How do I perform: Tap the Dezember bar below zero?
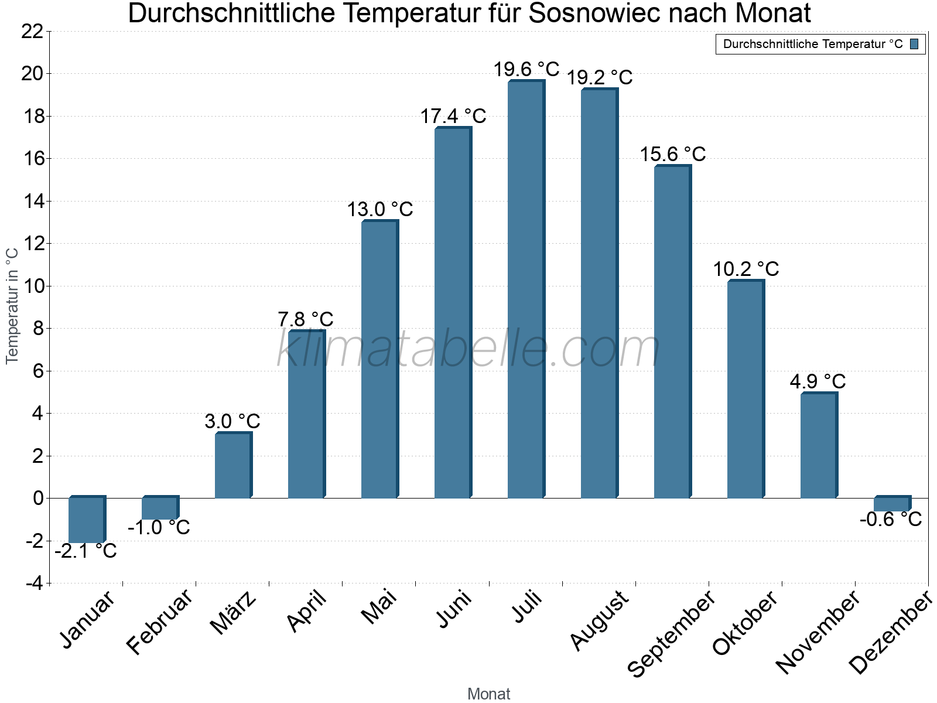coord(891,504)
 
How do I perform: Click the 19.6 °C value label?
coord(526,70)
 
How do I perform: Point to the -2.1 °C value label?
coord(86,551)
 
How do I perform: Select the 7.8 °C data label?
coord(306,320)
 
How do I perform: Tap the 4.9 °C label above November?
coord(818,382)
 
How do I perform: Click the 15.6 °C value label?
coord(672,155)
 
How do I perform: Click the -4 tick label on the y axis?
coord(34,583)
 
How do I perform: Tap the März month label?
coord(233,613)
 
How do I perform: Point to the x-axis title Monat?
coord(489,694)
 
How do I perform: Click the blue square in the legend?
coord(914,44)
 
